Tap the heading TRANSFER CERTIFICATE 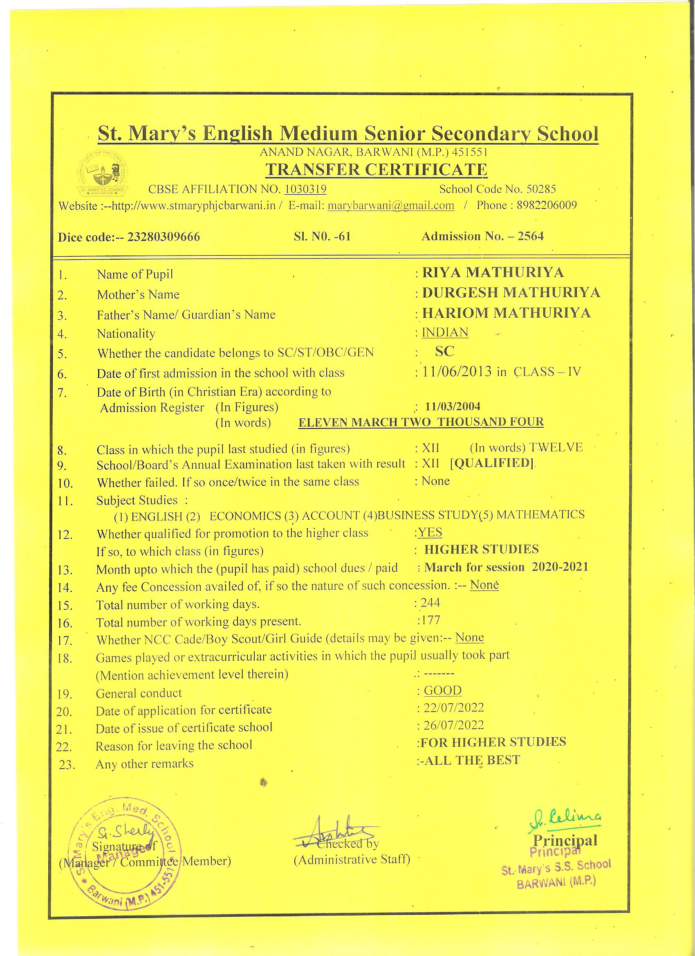click(376, 169)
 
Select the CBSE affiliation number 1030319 click(305, 189)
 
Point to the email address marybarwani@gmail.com click(391, 205)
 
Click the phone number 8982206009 click(547, 205)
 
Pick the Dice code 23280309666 click(164, 237)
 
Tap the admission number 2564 click(531, 236)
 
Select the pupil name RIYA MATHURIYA click(493, 272)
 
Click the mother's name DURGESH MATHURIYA click(511, 292)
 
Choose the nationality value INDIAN click(445, 332)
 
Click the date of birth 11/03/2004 click(453, 406)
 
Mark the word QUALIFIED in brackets click(492, 463)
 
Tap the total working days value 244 click(430, 603)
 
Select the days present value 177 click(430, 620)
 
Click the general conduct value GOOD click(442, 690)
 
